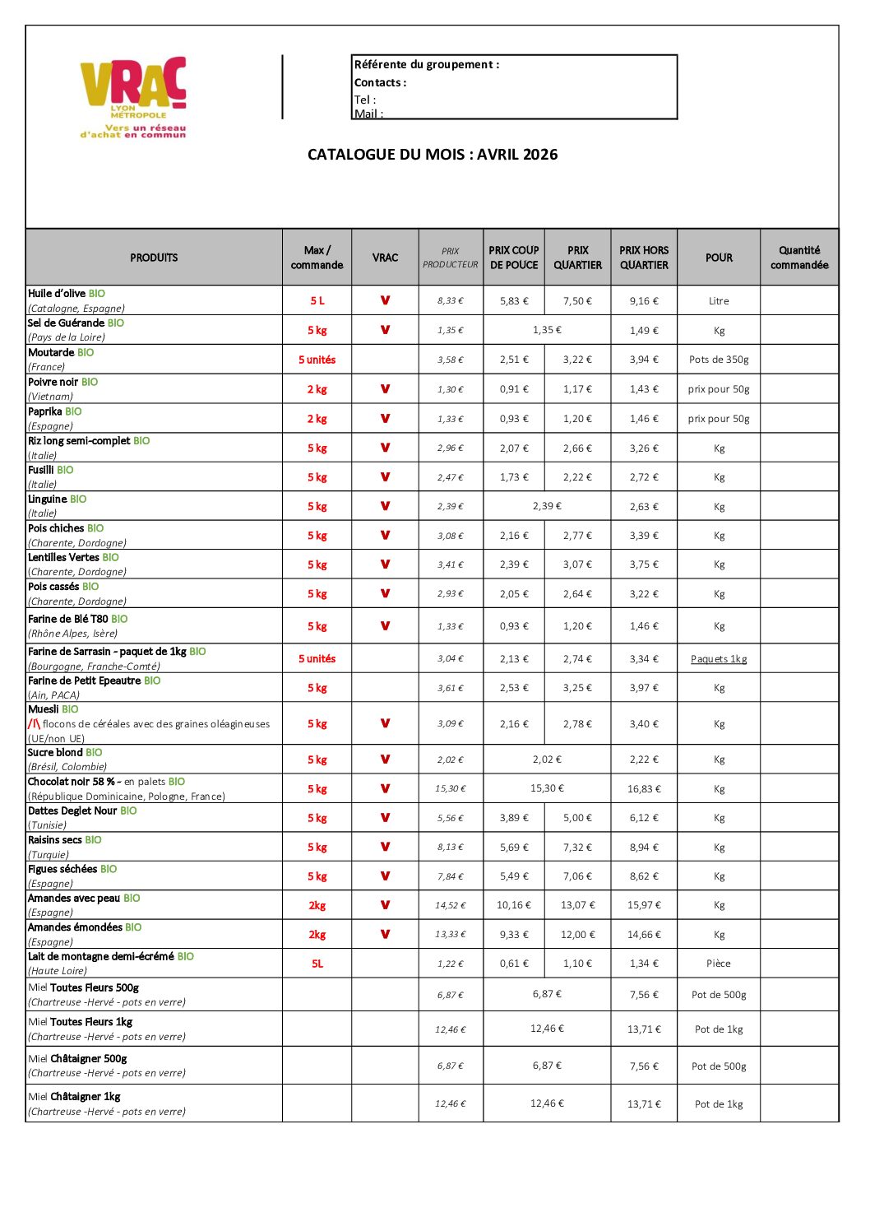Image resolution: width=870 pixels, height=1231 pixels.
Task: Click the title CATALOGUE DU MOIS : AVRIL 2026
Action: [x=433, y=155]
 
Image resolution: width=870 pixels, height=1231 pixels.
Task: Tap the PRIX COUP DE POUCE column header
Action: [x=514, y=258]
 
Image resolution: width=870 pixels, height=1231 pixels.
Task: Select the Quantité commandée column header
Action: [x=799, y=258]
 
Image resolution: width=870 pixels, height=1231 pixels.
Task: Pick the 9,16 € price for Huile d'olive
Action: [x=644, y=301]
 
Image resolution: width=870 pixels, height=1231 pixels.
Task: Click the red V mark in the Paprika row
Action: [x=385, y=419]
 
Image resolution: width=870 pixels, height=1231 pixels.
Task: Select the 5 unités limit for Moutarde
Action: [x=317, y=360]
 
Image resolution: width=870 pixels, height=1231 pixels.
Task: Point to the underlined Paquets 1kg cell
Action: [x=719, y=659]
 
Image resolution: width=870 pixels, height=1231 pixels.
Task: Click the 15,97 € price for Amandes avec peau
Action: [x=644, y=905]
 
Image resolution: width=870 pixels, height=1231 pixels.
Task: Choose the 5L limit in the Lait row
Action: [x=317, y=964]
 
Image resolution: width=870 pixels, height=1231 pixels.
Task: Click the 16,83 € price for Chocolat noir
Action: [x=644, y=789]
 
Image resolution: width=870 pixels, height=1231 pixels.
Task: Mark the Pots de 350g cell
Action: [x=719, y=360]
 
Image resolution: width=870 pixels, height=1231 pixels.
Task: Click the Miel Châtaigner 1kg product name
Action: [x=75, y=1097]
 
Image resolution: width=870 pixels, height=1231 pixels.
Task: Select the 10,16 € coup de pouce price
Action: [x=514, y=905]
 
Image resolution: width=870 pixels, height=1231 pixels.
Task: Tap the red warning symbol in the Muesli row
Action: [x=34, y=724]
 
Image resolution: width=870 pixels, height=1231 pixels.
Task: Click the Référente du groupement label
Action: [x=427, y=64]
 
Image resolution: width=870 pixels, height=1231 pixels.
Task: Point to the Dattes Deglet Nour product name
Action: [x=72, y=811]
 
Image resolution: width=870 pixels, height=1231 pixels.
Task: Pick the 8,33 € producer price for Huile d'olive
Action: [x=450, y=301]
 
